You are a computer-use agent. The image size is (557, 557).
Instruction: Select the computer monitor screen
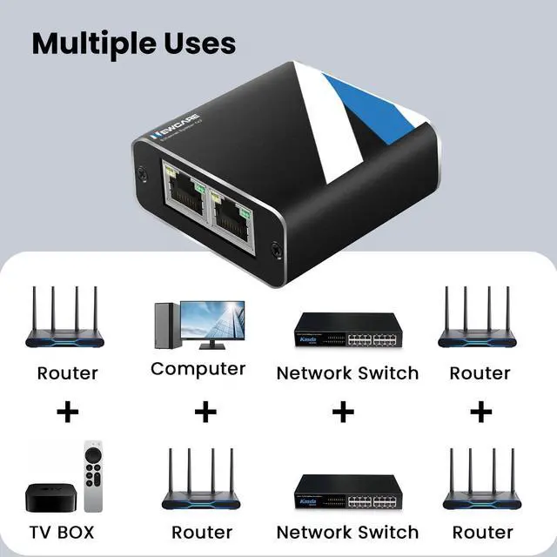pyautogui.click(x=211, y=322)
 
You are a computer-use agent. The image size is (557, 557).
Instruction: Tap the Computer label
pyautogui.click(x=198, y=369)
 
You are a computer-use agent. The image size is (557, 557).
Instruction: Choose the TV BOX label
pyautogui.click(x=62, y=531)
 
